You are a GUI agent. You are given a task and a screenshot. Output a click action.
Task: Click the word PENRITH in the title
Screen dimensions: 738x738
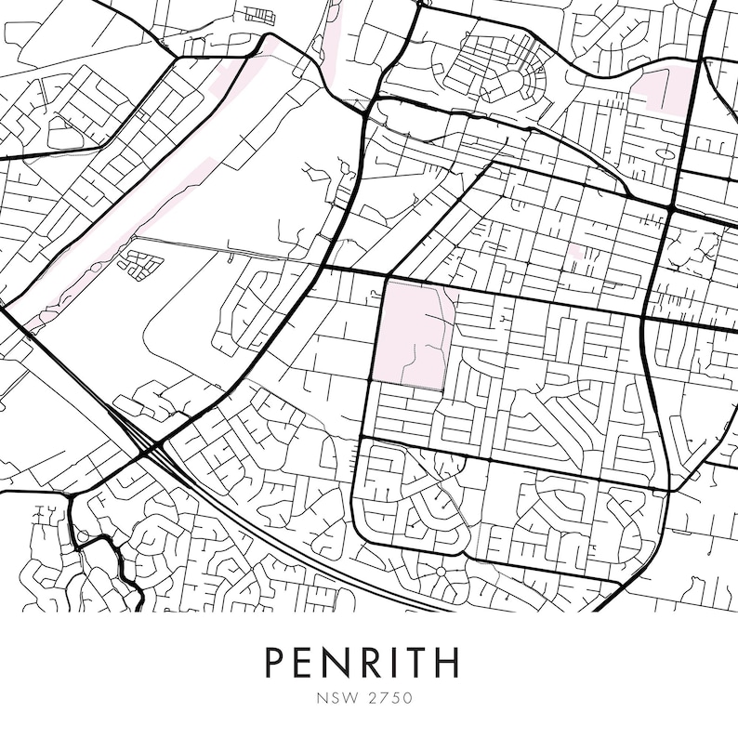pyautogui.click(x=362, y=663)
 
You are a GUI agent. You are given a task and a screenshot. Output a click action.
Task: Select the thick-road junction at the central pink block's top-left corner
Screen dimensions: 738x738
pyautogui.click(x=385, y=276)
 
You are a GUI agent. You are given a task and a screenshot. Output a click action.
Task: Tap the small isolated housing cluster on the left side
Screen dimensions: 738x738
pyautogui.click(x=140, y=264)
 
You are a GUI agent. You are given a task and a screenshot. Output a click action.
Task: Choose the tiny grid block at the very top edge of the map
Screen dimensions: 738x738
pyautogui.click(x=261, y=15)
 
